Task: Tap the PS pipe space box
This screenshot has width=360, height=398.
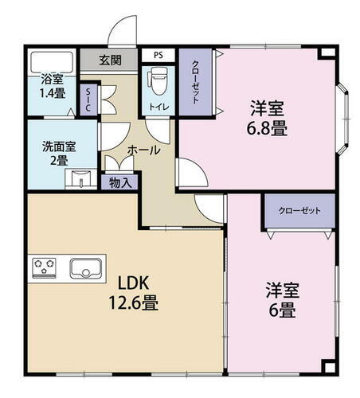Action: [x=158, y=56]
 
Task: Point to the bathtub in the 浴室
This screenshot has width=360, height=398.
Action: [x=53, y=62]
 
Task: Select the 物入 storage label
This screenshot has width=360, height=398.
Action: [x=121, y=181]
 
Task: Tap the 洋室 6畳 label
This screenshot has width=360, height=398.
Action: [x=281, y=300]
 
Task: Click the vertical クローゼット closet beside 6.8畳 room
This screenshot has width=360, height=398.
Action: [x=195, y=81]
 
